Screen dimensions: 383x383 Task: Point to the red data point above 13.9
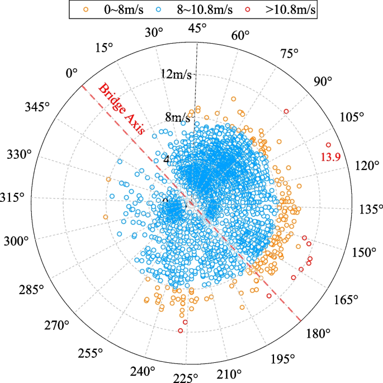pyautogui.click(x=328, y=145)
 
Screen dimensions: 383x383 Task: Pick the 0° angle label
pyautogui.click(x=72, y=73)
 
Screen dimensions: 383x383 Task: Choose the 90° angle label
pyautogui.click(x=323, y=81)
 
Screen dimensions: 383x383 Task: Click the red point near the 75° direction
pyautogui.click(x=286, y=112)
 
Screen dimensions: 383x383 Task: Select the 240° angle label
pyautogui.click(x=141, y=371)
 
